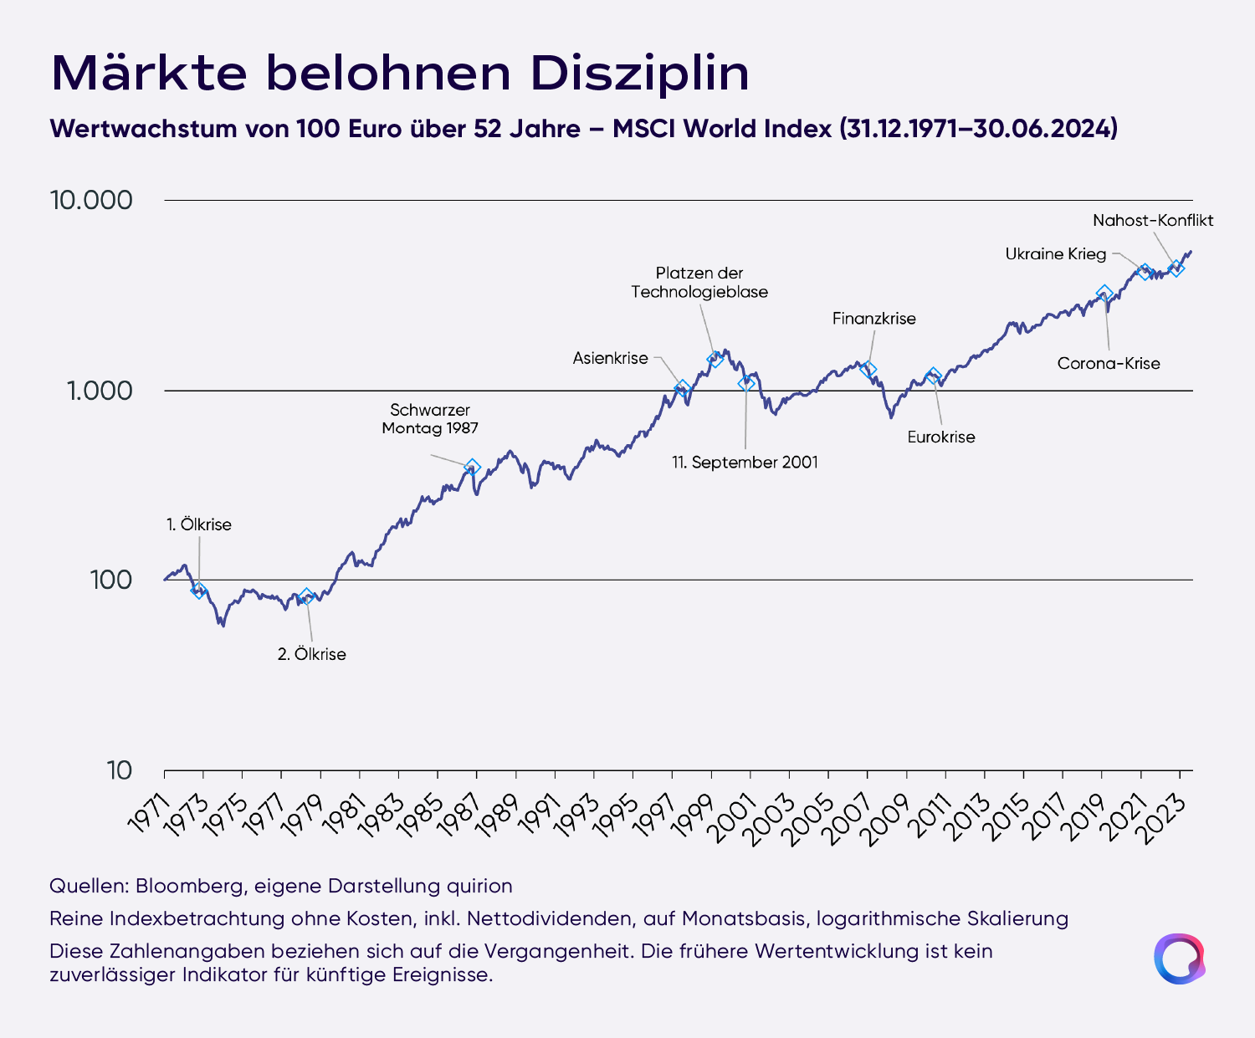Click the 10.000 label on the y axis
tap(91, 200)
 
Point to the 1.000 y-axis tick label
tap(100, 391)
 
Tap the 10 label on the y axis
tap(119, 770)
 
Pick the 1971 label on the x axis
tap(148, 814)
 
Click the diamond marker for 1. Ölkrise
tap(199, 591)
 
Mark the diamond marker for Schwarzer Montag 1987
tap(473, 467)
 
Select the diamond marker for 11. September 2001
tap(746, 383)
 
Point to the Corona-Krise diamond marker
tap(1104, 294)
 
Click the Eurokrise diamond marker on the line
tap(933, 376)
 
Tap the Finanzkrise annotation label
tap(874, 319)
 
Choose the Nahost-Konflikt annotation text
tap(1153, 221)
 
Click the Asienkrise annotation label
tap(610, 358)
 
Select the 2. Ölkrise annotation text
tap(312, 654)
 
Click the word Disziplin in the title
tap(640, 74)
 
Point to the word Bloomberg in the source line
tap(189, 887)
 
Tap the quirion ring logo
tap(1179, 959)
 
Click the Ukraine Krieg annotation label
tap(1055, 254)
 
